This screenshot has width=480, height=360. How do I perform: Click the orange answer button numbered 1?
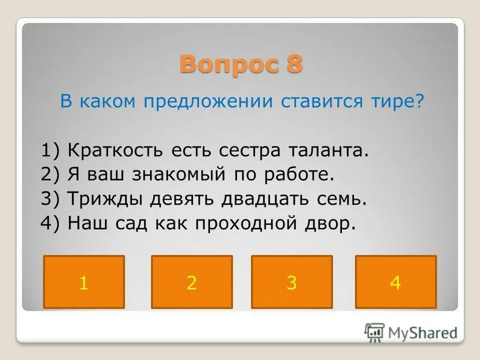84,282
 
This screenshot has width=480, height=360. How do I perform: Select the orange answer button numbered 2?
191,282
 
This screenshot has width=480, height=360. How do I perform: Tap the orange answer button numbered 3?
292,282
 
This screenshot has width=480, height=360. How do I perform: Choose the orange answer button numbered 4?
395,282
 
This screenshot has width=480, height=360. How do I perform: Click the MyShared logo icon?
374,332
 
